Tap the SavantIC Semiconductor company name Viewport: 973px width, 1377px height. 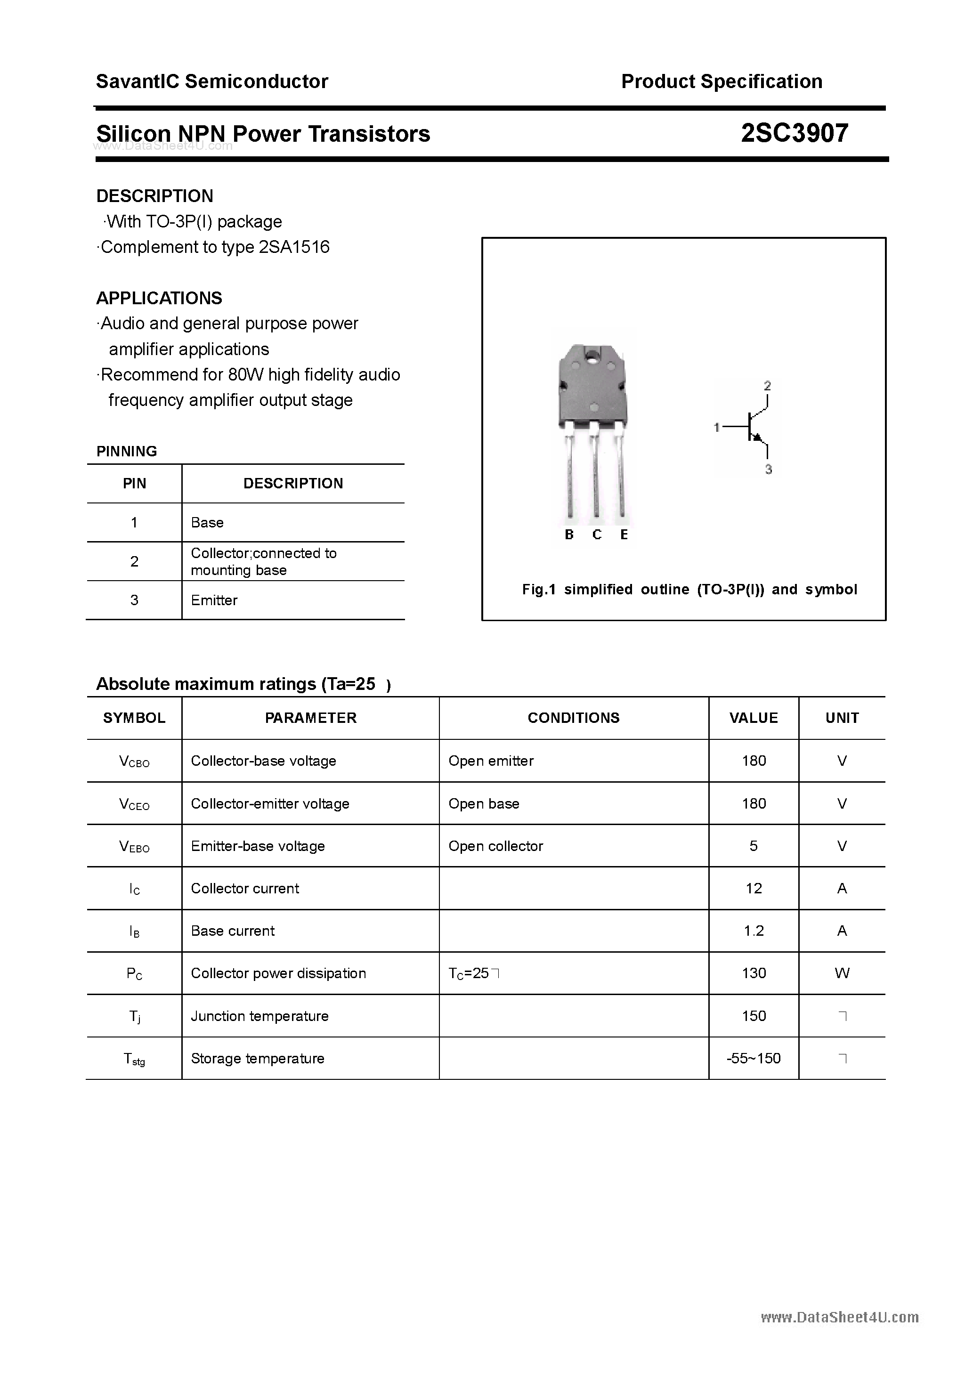click(212, 81)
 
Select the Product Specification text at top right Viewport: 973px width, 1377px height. click(721, 81)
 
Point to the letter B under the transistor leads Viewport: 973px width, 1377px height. click(569, 535)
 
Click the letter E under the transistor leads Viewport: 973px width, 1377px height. click(624, 535)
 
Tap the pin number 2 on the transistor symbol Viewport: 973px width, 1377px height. click(767, 386)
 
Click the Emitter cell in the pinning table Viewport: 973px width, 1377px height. click(214, 600)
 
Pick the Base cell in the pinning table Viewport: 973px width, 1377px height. click(207, 522)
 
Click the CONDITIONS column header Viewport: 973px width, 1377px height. click(574, 718)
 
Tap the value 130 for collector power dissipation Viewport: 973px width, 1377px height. click(754, 973)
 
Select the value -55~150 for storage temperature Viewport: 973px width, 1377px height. click(754, 1058)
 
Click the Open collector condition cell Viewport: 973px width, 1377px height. click(495, 846)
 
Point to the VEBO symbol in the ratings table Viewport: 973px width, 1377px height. click(134, 846)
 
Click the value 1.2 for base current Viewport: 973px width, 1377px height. click(754, 931)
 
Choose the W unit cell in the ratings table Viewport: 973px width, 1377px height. click(842, 973)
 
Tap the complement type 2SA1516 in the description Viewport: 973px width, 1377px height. click(294, 247)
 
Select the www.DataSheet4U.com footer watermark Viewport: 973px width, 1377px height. click(839, 1317)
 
